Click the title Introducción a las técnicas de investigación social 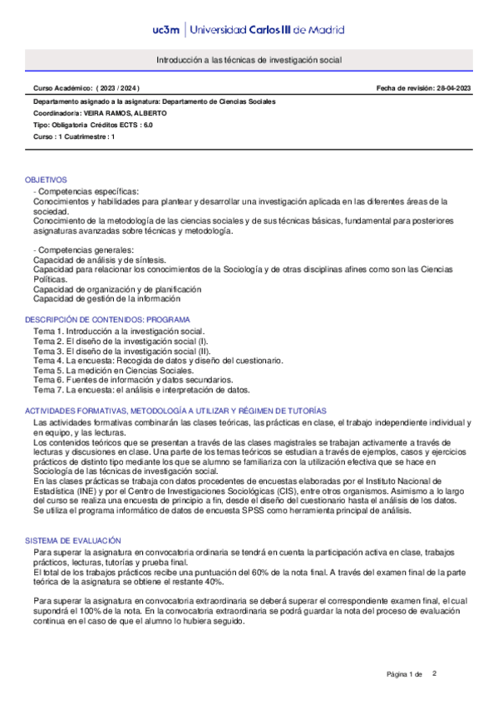249,61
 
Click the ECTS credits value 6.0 148,124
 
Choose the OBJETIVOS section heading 47,180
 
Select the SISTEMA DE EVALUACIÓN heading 73,517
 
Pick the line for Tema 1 118,331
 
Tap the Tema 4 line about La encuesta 158,360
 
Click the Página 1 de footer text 405,673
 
